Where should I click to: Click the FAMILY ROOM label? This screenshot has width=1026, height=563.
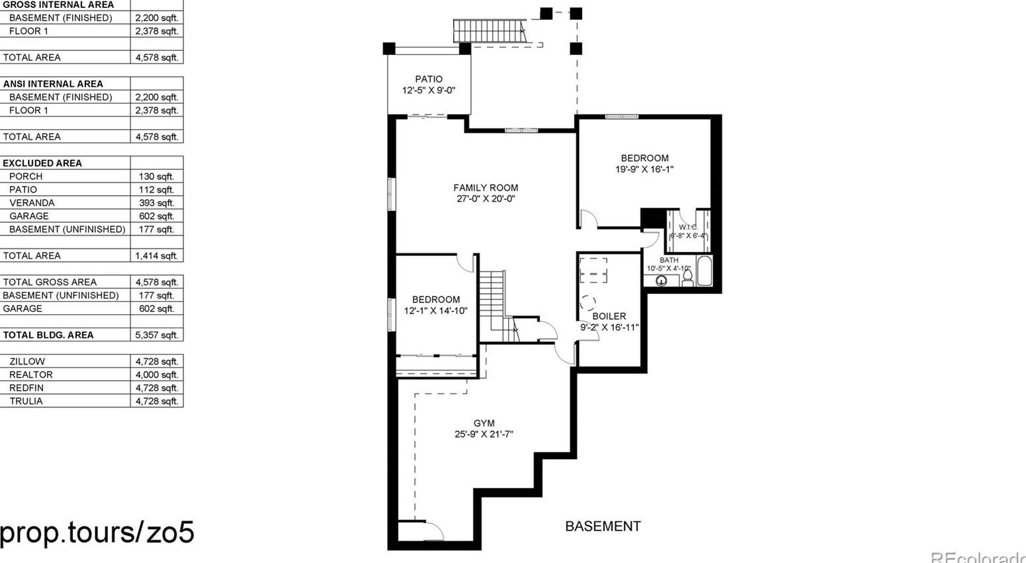click(x=486, y=188)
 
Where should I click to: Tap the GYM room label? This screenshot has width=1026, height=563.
click(x=484, y=423)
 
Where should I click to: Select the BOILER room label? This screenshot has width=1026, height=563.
click(x=609, y=316)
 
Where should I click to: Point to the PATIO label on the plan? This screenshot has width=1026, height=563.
click(x=429, y=79)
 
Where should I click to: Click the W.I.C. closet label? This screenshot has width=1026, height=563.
click(x=688, y=227)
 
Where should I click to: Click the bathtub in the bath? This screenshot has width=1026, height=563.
click(x=705, y=271)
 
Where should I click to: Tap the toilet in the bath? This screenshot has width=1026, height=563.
click(x=687, y=277)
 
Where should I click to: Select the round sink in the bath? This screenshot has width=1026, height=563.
click(x=661, y=281)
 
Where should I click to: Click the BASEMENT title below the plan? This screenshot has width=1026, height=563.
click(x=603, y=527)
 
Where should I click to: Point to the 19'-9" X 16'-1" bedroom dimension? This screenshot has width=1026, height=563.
click(x=644, y=169)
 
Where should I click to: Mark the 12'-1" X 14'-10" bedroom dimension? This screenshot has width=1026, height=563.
click(x=435, y=310)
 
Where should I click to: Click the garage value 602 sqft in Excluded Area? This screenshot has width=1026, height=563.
click(x=156, y=216)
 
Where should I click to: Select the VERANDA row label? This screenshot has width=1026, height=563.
click(x=32, y=203)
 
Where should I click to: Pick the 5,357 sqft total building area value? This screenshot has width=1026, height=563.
click(x=156, y=335)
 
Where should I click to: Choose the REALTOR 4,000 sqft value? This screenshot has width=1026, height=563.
click(x=156, y=375)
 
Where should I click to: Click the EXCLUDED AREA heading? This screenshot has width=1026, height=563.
click(x=42, y=163)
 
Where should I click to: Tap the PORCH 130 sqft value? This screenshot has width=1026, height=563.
click(x=156, y=177)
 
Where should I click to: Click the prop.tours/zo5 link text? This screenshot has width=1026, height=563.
click(x=97, y=533)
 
